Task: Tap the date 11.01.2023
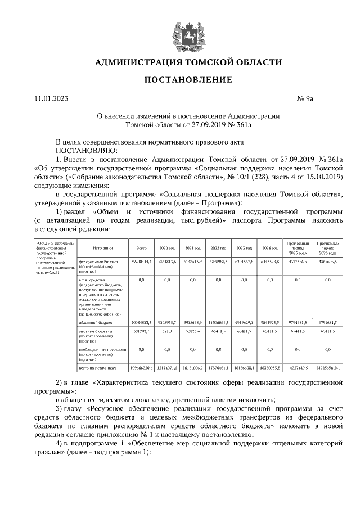[50, 100]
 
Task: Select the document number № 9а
[304, 100]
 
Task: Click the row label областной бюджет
[96, 323]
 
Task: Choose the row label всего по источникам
[98, 367]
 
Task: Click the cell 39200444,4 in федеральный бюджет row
[141, 262]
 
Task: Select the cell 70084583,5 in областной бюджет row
[141, 323]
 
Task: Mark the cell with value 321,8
[167, 332]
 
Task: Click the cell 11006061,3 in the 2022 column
[218, 323]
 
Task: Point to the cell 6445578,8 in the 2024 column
[269, 262]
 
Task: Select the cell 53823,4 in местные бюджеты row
[193, 332]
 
